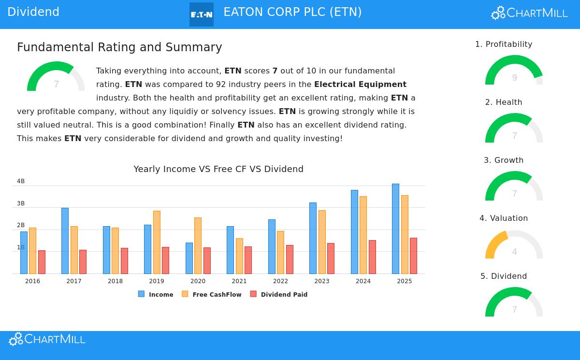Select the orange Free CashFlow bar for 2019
click(157, 242)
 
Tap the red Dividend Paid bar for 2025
click(413, 256)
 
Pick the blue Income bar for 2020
click(189, 258)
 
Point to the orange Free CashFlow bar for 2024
click(363, 235)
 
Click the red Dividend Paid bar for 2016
click(42, 262)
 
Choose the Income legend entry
click(156, 294)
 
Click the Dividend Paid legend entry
click(279, 294)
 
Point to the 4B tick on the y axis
click(21, 181)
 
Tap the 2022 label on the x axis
click(280, 281)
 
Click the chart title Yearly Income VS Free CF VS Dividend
click(218, 169)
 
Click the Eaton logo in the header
click(202, 14)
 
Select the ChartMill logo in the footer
click(47, 339)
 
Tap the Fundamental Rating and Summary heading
click(119, 47)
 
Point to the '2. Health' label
click(504, 102)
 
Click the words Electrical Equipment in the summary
click(360, 85)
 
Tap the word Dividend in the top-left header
click(33, 12)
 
